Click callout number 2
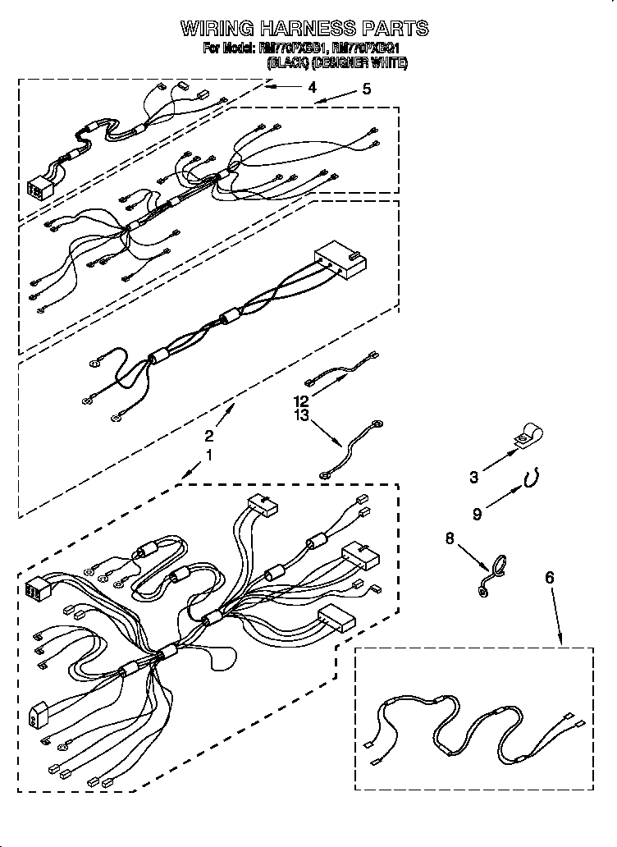click(x=209, y=436)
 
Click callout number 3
click(x=473, y=475)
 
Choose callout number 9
click(x=476, y=515)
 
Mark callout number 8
click(x=450, y=539)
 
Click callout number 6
click(x=549, y=579)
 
